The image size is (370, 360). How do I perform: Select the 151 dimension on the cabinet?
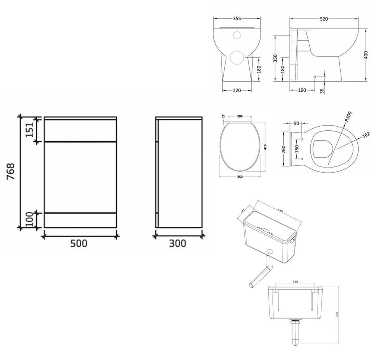(x=29, y=129)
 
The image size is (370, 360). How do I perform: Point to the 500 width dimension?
(x=79, y=243)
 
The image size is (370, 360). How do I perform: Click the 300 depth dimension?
(x=178, y=243)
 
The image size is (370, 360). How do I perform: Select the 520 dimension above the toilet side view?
(x=324, y=19)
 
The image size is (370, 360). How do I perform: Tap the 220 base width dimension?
(x=237, y=90)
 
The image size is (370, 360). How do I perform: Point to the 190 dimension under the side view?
(x=302, y=90)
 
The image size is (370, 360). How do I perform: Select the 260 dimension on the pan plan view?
(x=284, y=149)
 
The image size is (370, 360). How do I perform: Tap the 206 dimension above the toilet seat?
(x=240, y=116)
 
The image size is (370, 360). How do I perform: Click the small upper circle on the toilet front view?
(x=237, y=35)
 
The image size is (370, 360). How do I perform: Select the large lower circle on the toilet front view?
(x=237, y=58)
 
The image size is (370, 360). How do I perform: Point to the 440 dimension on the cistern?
(x=280, y=210)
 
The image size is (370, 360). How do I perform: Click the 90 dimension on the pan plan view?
(x=296, y=123)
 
